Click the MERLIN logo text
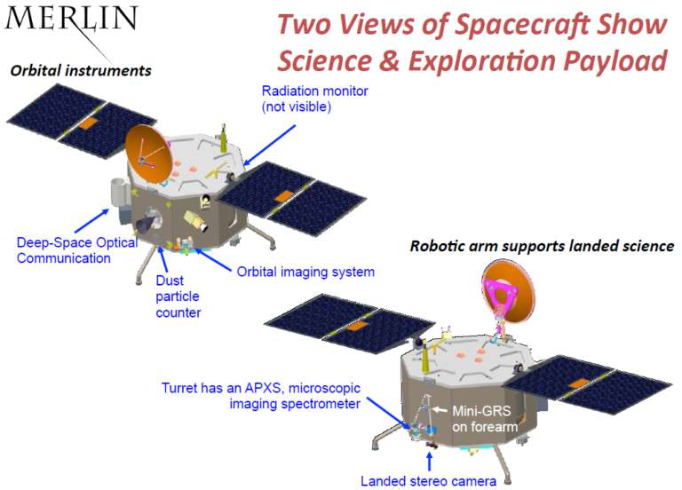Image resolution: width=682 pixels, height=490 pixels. point(72,19)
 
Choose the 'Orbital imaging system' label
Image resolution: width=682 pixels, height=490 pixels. point(305,272)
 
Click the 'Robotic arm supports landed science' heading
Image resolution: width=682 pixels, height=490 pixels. point(541,246)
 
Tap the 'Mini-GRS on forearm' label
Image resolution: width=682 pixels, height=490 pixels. point(483,418)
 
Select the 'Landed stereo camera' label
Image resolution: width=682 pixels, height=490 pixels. point(428,481)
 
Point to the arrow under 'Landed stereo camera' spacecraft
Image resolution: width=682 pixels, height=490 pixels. point(430,462)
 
